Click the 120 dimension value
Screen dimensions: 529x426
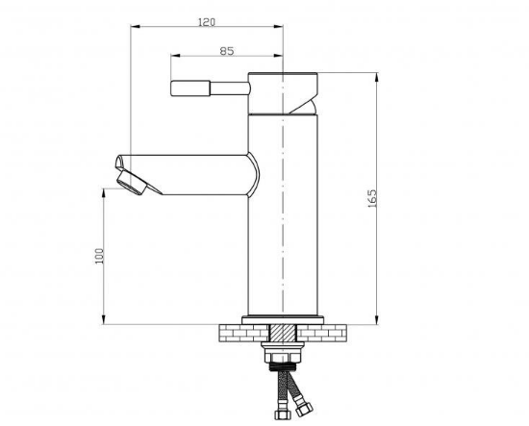(x=206, y=22)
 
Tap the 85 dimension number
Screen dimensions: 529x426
(x=227, y=51)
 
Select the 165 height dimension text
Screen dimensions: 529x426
(x=372, y=198)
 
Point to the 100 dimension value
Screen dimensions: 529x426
(x=99, y=256)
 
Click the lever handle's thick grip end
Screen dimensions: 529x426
(x=190, y=88)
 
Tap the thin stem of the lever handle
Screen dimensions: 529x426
(x=230, y=88)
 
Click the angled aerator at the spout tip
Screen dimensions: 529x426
(x=133, y=182)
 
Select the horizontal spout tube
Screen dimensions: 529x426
(x=189, y=175)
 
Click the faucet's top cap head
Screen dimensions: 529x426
(x=283, y=93)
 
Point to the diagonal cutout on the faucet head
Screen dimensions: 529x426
(x=304, y=105)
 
